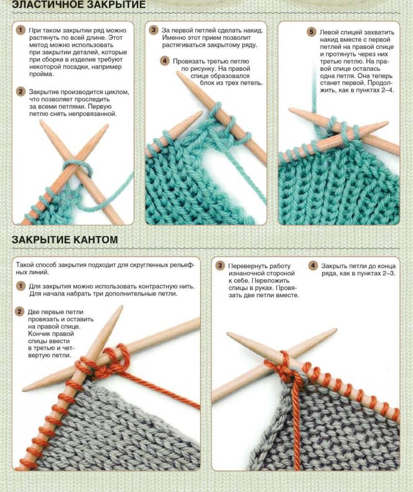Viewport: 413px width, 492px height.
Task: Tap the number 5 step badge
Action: pyautogui.click(x=311, y=32)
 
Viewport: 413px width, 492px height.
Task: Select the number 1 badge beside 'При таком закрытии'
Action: pyautogui.click(x=20, y=30)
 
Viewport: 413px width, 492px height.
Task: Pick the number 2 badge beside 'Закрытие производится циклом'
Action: pyautogui.click(x=20, y=91)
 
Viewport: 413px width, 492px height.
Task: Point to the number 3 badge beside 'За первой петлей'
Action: pyautogui.click(x=153, y=30)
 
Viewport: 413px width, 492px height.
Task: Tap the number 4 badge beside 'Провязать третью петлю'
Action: pyautogui.click(x=165, y=60)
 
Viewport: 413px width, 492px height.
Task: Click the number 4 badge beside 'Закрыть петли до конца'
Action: pyautogui.click(x=313, y=266)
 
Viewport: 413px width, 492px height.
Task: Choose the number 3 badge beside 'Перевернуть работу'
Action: pyautogui.click(x=220, y=266)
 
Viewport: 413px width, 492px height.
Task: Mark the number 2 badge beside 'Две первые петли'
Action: pyautogui.click(x=20, y=312)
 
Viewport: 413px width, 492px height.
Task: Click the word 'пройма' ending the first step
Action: pyautogui.click(x=42, y=74)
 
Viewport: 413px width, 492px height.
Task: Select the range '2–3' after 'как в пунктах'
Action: pyautogui.click(x=389, y=273)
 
